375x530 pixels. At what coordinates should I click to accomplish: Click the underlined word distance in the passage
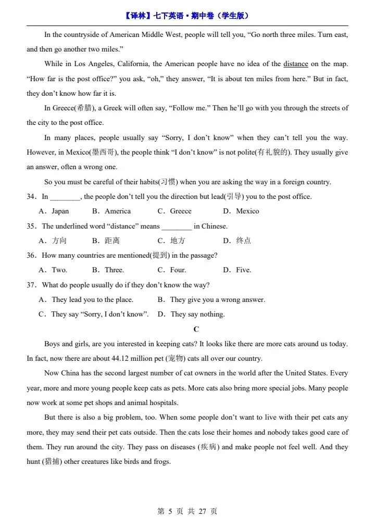(x=296, y=64)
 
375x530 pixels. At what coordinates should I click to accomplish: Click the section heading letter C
(x=196, y=329)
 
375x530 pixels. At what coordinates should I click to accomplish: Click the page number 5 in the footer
(x=170, y=512)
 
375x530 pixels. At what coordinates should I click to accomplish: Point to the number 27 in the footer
(x=203, y=512)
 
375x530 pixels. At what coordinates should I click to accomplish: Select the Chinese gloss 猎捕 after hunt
(x=51, y=462)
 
